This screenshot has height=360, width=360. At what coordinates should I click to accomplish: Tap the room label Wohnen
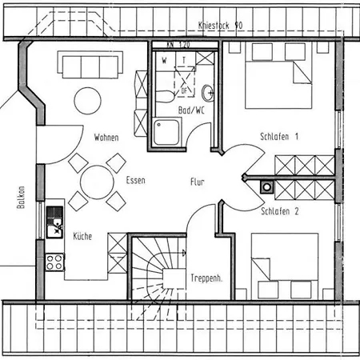pos(106,138)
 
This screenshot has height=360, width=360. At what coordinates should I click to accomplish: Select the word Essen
pos(135,181)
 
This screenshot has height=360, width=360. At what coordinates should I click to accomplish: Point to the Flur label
pos(198,182)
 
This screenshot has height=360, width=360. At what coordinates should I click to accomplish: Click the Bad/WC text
pos(193,109)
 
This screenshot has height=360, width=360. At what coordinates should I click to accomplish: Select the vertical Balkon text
pos(22,199)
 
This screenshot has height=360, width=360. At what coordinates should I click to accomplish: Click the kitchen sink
pos(54,222)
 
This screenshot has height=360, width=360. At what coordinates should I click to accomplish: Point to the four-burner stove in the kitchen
pos(54,262)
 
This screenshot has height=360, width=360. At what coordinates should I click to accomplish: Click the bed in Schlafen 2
pos(284,266)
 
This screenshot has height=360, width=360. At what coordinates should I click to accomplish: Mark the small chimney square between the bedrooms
pos(266,187)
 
